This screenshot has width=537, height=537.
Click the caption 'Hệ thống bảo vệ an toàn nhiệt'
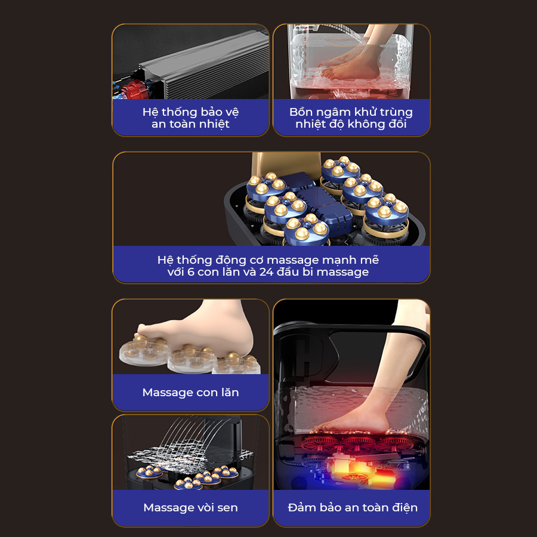(190, 118)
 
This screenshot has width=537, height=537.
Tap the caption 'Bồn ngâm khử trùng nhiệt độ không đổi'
(351, 118)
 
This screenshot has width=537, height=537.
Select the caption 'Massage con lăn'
(190, 392)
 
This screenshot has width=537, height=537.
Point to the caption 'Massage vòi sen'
(190, 507)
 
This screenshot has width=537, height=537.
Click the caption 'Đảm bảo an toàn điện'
(353, 507)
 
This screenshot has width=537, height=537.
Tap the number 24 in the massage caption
(266, 271)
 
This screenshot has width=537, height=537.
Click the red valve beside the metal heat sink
(134, 90)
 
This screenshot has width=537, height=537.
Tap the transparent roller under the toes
(145, 353)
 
